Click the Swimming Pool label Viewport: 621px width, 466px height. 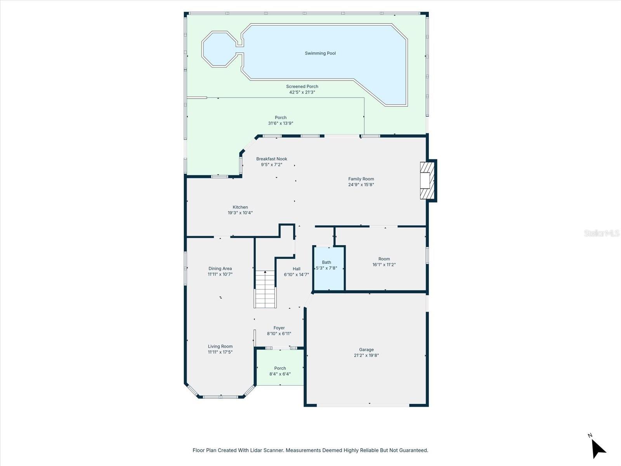pyautogui.click(x=320, y=53)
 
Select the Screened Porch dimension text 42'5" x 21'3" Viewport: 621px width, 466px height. pyautogui.click(x=302, y=92)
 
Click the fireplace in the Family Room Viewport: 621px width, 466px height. pyautogui.click(x=427, y=181)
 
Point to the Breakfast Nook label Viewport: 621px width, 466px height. pyautogui.click(x=272, y=159)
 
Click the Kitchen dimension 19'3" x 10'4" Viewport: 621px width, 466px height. pyautogui.click(x=240, y=213)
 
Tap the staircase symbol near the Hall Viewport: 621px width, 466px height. pyautogui.click(x=265, y=289)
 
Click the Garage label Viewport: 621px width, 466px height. pyautogui.click(x=366, y=349)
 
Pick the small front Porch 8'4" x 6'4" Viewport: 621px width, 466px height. pyautogui.click(x=280, y=371)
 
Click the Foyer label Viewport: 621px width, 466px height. pyautogui.click(x=279, y=328)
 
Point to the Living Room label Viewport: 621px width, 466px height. pyautogui.click(x=220, y=346)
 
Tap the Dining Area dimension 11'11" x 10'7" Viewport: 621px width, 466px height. pyautogui.click(x=220, y=274)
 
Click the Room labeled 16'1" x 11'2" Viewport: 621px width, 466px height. pyautogui.click(x=384, y=262)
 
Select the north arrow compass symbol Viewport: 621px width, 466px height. pyautogui.click(x=598, y=447)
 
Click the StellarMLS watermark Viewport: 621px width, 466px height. pyautogui.click(x=602, y=233)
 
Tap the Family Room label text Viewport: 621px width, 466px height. pyautogui.click(x=361, y=179)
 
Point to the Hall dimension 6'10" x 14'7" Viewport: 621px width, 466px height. pyautogui.click(x=296, y=275)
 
